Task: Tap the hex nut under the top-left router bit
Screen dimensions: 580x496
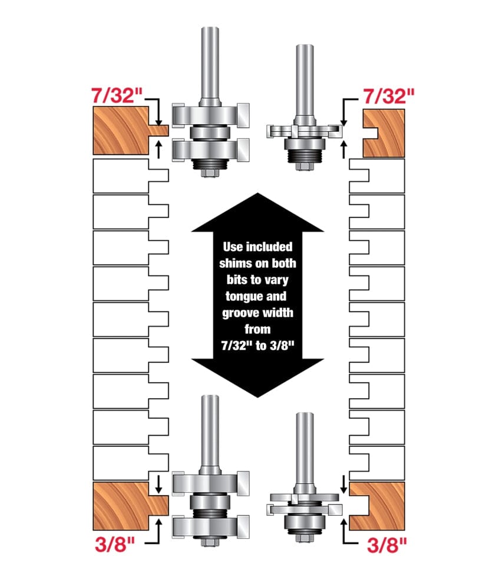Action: (210, 171)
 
